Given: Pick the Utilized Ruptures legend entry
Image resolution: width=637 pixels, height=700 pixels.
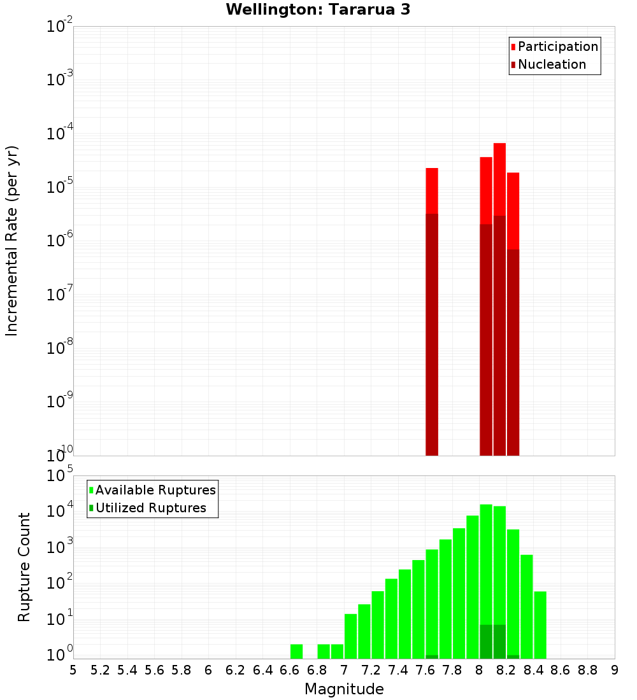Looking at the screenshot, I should pos(150,508).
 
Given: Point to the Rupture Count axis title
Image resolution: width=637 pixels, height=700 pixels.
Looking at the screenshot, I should pos(24,567).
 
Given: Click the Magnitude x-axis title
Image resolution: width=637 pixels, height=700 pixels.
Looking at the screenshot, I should pos(344,689).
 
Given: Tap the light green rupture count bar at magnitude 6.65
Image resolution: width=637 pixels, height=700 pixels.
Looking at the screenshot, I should pos(296,651).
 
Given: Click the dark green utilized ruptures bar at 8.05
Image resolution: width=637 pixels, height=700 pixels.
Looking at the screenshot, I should pos(486,641).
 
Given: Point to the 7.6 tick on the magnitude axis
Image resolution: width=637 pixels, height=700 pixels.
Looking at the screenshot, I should pos(425,669).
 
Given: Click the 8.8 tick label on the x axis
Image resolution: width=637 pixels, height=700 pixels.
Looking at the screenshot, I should pos(587,669).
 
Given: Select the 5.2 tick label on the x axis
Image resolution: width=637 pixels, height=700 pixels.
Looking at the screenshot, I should pos(100,669).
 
